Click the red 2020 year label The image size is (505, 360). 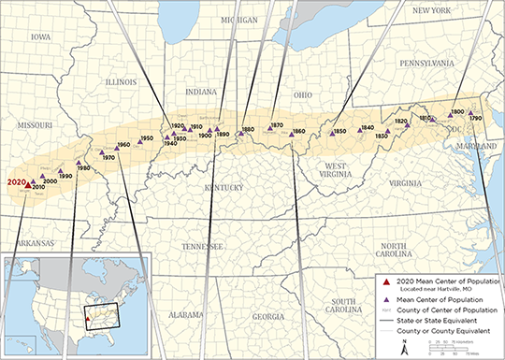tap(17, 182)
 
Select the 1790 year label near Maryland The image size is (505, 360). tap(476, 119)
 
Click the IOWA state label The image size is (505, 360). tap(41, 38)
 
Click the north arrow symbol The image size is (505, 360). tap(403, 347)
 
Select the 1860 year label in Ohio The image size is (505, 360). tap(298, 131)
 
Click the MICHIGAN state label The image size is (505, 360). tap(234, 20)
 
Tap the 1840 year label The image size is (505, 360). tap(368, 127)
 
